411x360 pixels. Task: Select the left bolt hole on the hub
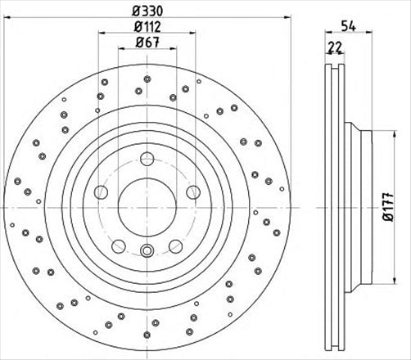point(101,192)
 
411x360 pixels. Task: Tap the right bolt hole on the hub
point(192,192)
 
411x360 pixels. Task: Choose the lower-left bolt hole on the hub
point(119,244)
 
